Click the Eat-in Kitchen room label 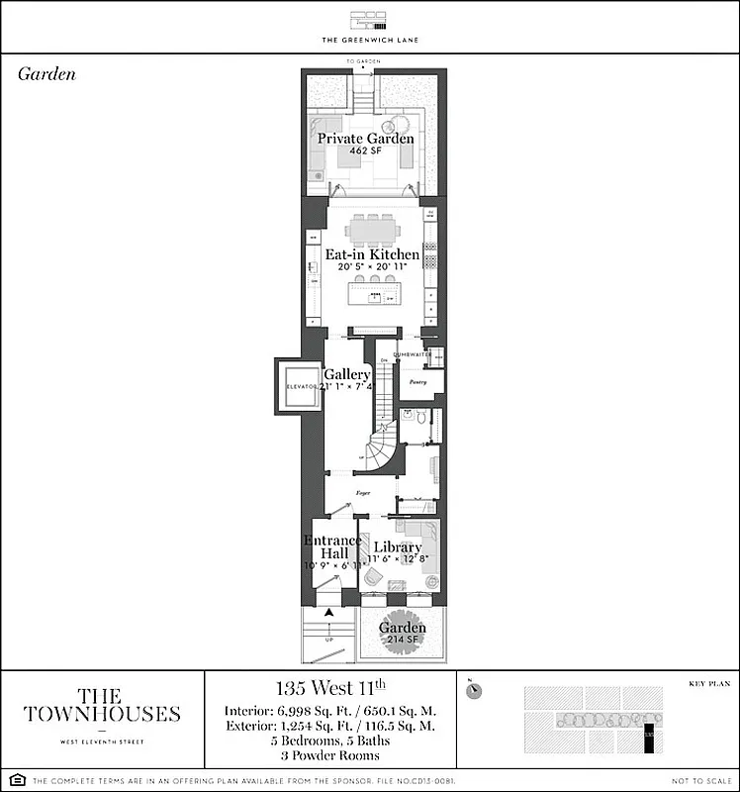point(372,254)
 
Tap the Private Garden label point(365,139)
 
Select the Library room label point(397,547)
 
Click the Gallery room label point(347,375)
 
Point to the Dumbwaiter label point(413,353)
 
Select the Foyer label point(362,490)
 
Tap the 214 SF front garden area point(403,641)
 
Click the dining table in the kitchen point(372,231)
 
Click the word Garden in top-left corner point(46,74)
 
